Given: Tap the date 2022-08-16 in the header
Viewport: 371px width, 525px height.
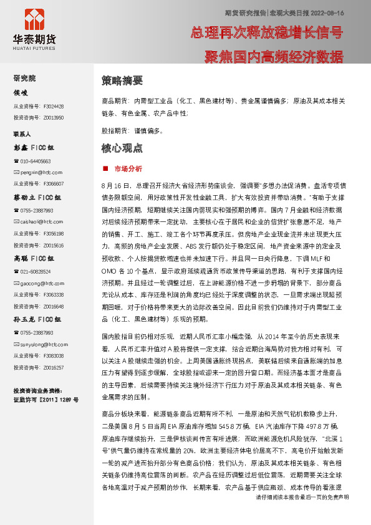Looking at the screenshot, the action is click(x=326, y=12).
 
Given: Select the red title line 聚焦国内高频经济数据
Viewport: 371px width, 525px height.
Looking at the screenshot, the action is click(x=274, y=57).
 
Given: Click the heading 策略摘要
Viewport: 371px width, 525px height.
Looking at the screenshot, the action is click(x=122, y=80).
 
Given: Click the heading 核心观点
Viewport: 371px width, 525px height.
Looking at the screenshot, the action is click(x=122, y=148).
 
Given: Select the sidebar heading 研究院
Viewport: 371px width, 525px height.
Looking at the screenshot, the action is click(x=24, y=79).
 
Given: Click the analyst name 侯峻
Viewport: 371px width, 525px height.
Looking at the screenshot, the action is click(x=21, y=93).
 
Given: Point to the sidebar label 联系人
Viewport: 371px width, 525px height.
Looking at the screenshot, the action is click(x=22, y=134).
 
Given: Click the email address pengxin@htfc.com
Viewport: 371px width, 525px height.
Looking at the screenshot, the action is click(x=42, y=171).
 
